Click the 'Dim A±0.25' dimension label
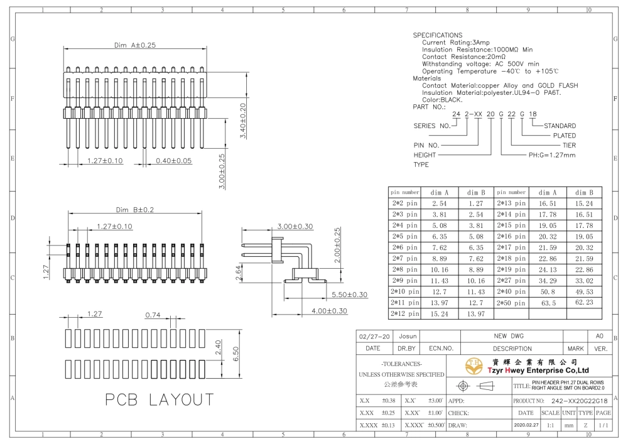click(x=135, y=45)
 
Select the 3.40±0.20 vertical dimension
click(x=242, y=121)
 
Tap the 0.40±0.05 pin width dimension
click(x=174, y=161)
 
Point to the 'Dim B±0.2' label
click(x=135, y=210)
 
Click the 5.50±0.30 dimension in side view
click(x=349, y=295)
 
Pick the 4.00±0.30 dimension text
click(x=329, y=311)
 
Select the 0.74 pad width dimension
click(x=153, y=315)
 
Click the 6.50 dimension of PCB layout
click(x=235, y=354)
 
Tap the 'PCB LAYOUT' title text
click(x=160, y=399)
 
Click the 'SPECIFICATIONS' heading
click(x=437, y=35)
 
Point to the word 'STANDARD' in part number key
click(x=560, y=126)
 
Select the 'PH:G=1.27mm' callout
click(x=552, y=155)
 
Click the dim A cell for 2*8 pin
click(x=440, y=270)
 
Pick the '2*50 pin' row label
click(x=511, y=303)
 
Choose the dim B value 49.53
click(x=584, y=292)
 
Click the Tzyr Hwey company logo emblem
click(x=474, y=366)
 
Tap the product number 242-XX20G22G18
click(x=579, y=401)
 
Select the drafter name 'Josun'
click(x=408, y=337)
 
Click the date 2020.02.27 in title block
click(x=526, y=425)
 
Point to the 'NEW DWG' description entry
click(x=509, y=337)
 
